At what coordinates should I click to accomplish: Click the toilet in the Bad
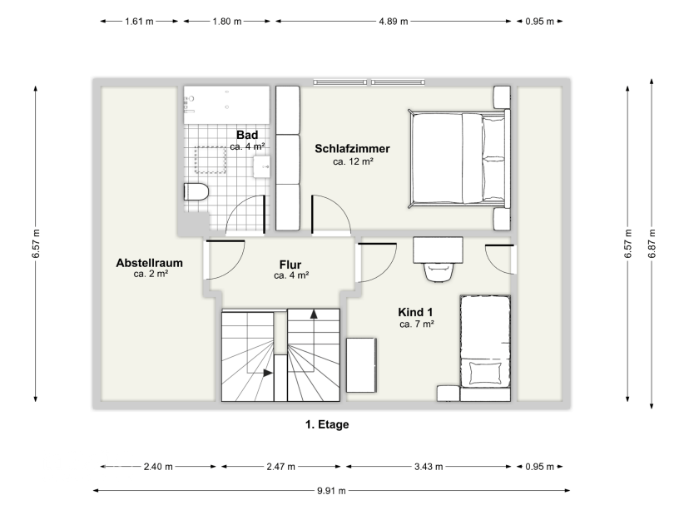pyautogui.click(x=196, y=191)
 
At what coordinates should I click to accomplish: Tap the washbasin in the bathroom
pyautogui.click(x=261, y=166)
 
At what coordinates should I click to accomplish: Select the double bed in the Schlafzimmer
pyautogui.click(x=459, y=159)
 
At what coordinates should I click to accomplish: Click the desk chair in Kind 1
pyautogui.click(x=439, y=271)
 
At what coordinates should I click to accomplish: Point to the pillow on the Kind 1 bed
pyautogui.click(x=485, y=373)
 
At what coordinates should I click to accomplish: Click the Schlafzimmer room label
pyautogui.click(x=352, y=149)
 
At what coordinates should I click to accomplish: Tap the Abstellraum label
pyautogui.click(x=149, y=263)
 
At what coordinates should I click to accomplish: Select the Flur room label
pyautogui.click(x=290, y=265)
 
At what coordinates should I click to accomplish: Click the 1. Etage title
pyautogui.click(x=327, y=424)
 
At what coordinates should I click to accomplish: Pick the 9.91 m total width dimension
pyautogui.click(x=331, y=490)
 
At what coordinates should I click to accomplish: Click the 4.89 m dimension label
pyautogui.click(x=394, y=21)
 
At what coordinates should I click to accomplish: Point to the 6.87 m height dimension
pyautogui.click(x=652, y=244)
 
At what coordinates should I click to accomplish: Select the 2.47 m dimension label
pyautogui.click(x=280, y=466)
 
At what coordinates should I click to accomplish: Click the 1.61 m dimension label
pyautogui.click(x=139, y=21)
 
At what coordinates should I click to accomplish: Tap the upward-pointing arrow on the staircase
pyautogui.click(x=314, y=314)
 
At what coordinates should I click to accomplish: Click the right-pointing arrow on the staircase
pyautogui.click(x=268, y=373)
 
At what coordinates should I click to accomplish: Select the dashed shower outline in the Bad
pyautogui.click(x=211, y=160)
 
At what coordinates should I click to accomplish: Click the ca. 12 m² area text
pyautogui.click(x=353, y=161)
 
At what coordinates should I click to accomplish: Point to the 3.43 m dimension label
pyautogui.click(x=429, y=466)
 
